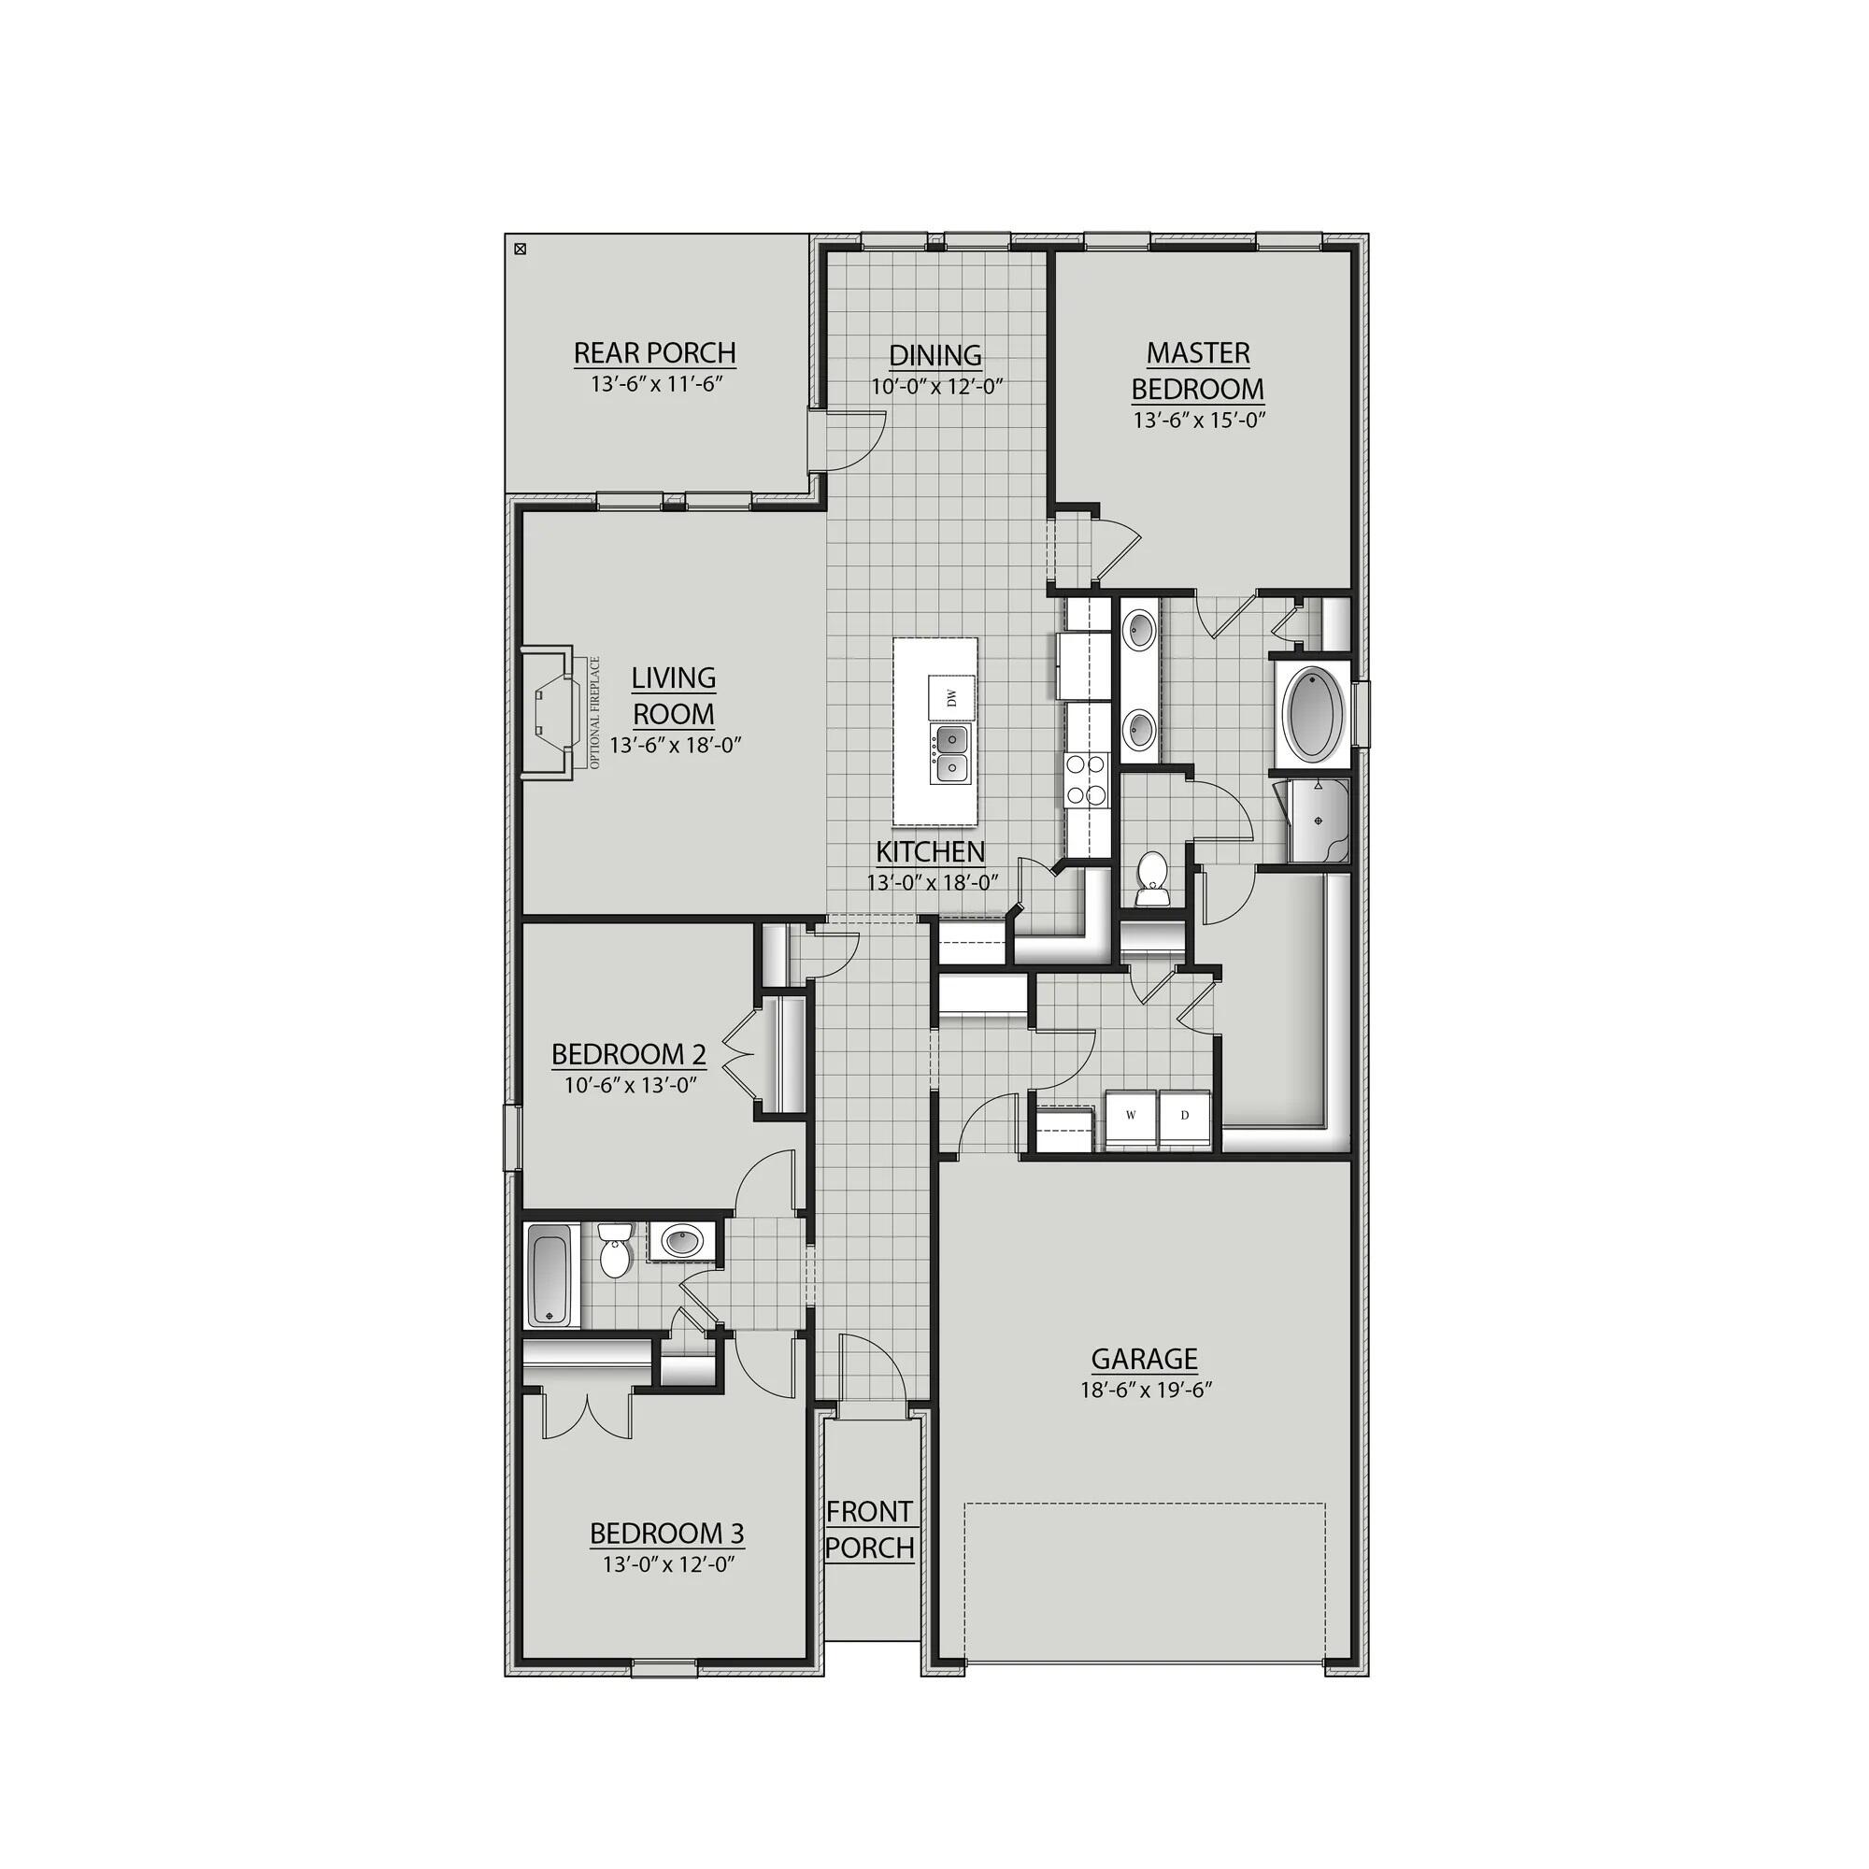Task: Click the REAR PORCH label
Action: [655, 353]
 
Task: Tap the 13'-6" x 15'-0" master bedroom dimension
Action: [1200, 421]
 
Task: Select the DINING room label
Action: [935, 356]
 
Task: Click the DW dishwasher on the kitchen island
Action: [951, 696]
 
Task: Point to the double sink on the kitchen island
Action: [950, 754]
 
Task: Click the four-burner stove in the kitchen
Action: [1085, 780]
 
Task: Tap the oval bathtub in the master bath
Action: [1315, 712]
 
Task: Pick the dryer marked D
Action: [1185, 1116]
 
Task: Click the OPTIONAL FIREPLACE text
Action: [595, 713]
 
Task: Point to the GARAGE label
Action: [1145, 1359]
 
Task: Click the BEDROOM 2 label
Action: [629, 1053]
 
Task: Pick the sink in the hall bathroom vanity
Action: [683, 1240]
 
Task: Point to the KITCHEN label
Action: [931, 852]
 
